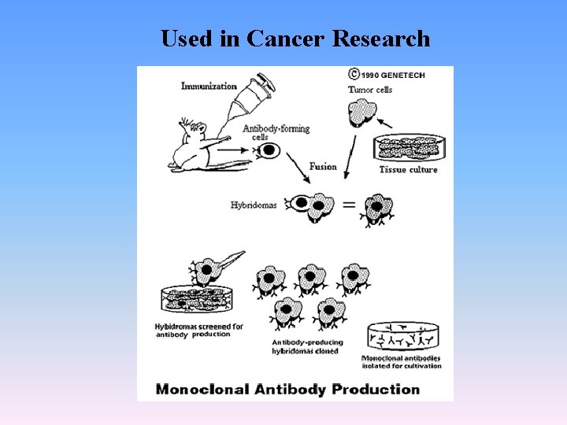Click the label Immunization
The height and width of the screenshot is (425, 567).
[209, 85]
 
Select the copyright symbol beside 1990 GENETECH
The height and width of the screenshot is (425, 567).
[354, 75]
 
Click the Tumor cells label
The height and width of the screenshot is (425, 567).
[370, 90]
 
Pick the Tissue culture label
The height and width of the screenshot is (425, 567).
[408, 169]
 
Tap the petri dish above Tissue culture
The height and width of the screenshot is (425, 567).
[407, 149]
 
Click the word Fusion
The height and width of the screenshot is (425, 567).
[323, 166]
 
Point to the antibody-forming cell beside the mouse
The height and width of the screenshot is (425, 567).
[269, 150]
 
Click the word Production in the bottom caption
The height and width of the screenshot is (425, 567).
[376, 389]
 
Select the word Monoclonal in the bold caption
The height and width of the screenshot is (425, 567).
[202, 389]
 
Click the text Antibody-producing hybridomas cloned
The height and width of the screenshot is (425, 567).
[305, 347]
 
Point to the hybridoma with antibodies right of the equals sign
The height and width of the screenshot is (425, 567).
[380, 209]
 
